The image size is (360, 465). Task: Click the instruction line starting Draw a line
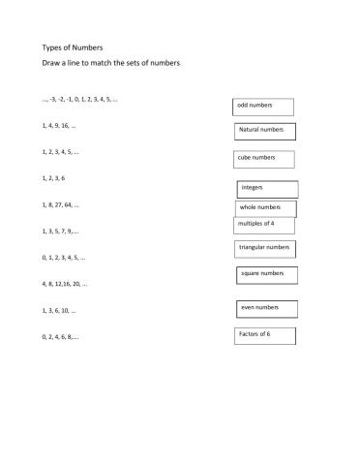111,63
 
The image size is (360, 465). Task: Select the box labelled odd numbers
264,106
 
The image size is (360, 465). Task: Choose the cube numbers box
263,159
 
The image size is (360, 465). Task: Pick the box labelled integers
266,188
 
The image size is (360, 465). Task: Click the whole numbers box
265,208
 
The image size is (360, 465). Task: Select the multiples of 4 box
262,225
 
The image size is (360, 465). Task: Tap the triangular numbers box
264,249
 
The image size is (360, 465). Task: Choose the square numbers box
265,275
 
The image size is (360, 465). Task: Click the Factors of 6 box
263,335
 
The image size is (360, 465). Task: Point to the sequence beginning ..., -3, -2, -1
79,100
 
